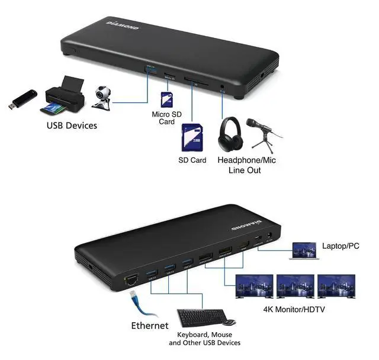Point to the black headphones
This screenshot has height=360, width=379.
[230, 135]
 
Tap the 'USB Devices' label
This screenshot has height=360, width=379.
[72, 126]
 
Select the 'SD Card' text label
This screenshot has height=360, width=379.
[192, 160]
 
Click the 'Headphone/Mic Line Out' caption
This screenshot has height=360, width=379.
[246, 165]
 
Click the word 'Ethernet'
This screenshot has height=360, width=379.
[150, 326]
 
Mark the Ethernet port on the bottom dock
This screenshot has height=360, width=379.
[129, 280]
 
